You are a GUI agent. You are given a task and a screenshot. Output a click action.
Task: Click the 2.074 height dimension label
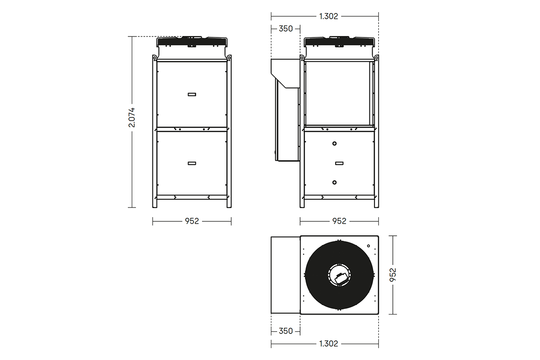tap(132, 117)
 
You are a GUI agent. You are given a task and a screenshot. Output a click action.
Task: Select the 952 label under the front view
tap(192, 221)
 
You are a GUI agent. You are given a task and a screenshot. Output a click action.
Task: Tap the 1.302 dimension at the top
tap(328, 16)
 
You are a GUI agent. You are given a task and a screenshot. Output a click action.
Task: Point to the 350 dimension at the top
tap(286, 29)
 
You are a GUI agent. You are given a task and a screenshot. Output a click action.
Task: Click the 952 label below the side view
tap(339, 221)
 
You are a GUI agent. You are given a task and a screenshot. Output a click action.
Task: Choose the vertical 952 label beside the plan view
tap(393, 274)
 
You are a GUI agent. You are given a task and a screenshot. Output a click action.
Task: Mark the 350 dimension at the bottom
tap(286, 331)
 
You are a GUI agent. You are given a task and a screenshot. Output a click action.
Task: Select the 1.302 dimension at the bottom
tap(328, 344)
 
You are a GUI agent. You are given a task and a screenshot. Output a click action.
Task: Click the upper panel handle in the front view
tap(192, 94)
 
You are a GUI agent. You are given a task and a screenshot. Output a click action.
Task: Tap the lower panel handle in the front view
tap(192, 163)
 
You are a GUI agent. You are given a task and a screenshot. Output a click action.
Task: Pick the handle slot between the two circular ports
tap(339, 163)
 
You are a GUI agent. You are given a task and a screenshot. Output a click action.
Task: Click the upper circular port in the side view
tap(334, 144)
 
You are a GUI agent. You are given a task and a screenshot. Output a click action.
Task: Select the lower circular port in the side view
tap(334, 182)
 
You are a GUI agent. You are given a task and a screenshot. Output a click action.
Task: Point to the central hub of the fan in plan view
tap(339, 274)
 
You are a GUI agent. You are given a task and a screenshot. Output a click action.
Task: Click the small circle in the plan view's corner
tap(369, 246)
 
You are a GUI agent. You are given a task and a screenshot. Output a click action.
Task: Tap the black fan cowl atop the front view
tap(192, 42)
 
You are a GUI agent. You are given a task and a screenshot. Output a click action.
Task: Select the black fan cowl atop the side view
tap(339, 42)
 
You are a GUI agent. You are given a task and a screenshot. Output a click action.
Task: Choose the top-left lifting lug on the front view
tap(154, 58)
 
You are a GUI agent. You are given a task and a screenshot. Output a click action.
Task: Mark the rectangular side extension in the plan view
tap(285, 274)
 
